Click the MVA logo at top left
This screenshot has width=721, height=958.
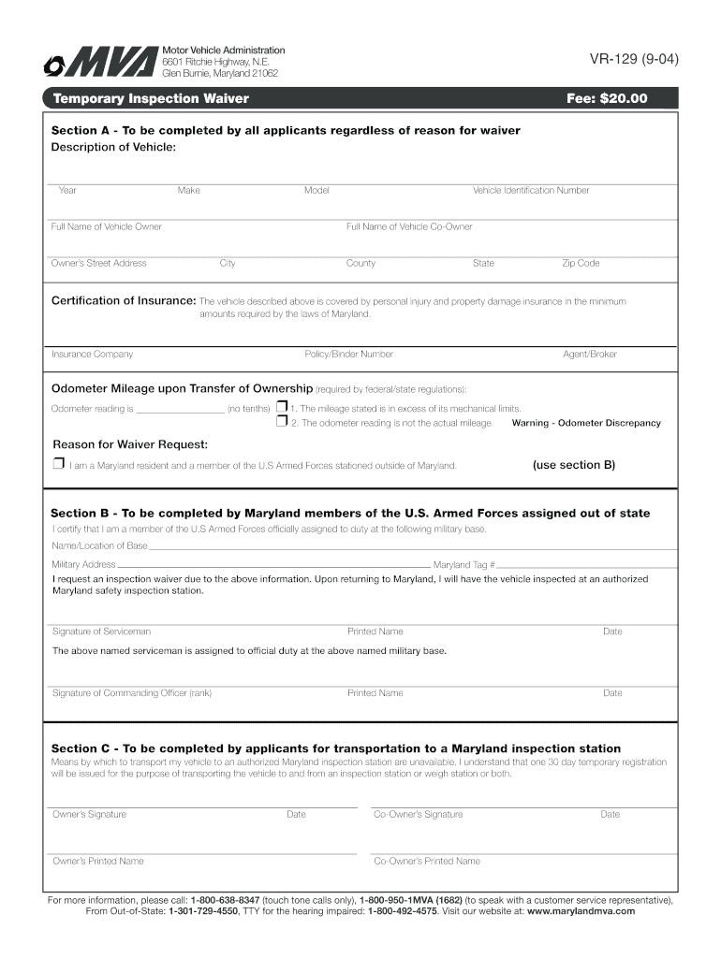98,63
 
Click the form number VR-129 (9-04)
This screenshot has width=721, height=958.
633,61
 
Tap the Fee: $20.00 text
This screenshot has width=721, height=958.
607,98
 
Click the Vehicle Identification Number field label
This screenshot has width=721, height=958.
531,191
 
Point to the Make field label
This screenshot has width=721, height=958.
188,191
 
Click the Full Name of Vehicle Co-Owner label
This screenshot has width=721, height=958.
409,227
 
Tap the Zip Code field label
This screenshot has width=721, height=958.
581,264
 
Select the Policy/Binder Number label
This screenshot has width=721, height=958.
348,355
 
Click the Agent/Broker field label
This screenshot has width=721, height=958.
589,355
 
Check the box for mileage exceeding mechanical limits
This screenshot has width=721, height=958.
281,408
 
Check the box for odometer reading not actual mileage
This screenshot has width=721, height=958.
281,422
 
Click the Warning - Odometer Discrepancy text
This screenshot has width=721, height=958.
586,423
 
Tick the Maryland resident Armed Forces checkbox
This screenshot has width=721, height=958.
58,464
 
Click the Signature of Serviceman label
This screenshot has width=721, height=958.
101,632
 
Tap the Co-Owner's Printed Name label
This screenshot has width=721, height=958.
427,862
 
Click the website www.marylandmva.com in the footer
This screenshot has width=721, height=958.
581,911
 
